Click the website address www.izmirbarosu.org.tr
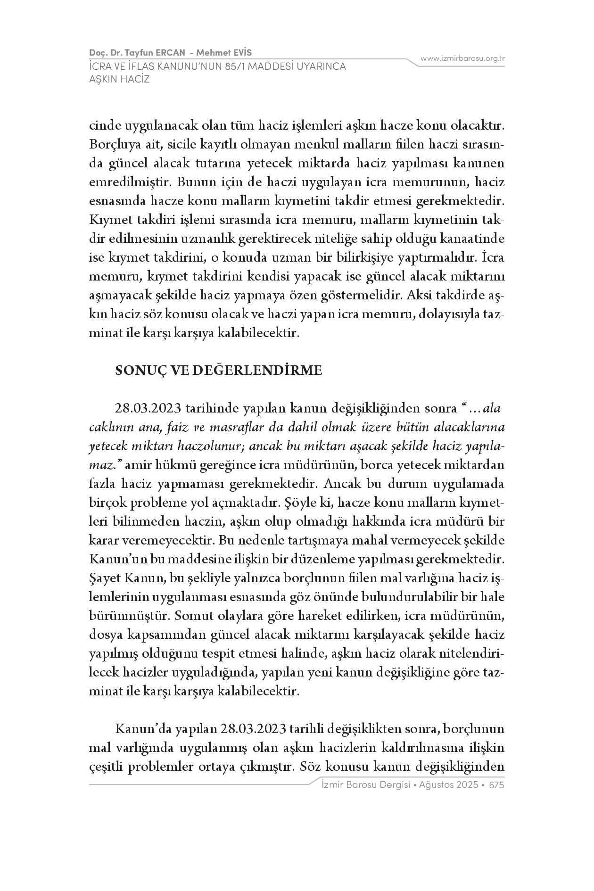(x=462, y=59)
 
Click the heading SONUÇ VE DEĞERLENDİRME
(x=219, y=371)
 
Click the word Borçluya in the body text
(x=112, y=145)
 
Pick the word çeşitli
(x=106, y=767)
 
